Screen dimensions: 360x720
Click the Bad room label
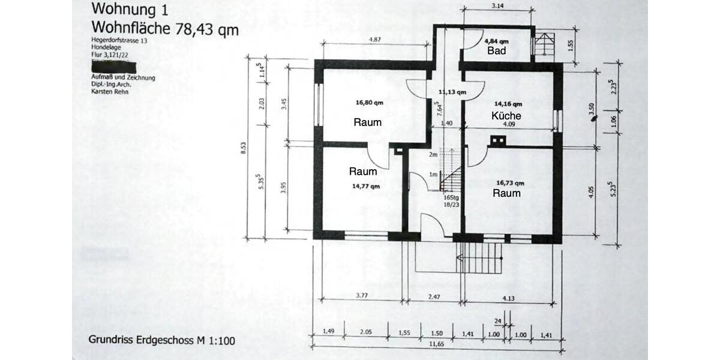click(x=496, y=51)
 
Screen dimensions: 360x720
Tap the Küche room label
click(x=506, y=116)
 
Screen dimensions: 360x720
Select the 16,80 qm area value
click(x=369, y=102)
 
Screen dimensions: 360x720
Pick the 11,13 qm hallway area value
click(x=452, y=92)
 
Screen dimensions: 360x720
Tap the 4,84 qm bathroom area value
click(x=496, y=41)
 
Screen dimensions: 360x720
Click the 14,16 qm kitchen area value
click(x=507, y=103)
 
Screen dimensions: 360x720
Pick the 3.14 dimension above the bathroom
click(x=497, y=6)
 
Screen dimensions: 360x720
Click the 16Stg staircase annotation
click(x=451, y=197)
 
